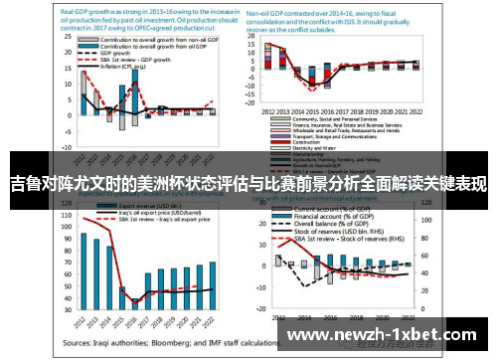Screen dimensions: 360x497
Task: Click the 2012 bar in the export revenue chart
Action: pyautogui.click(x=84, y=269)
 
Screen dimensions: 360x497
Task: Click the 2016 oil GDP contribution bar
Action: pyautogui.click(x=135, y=100)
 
